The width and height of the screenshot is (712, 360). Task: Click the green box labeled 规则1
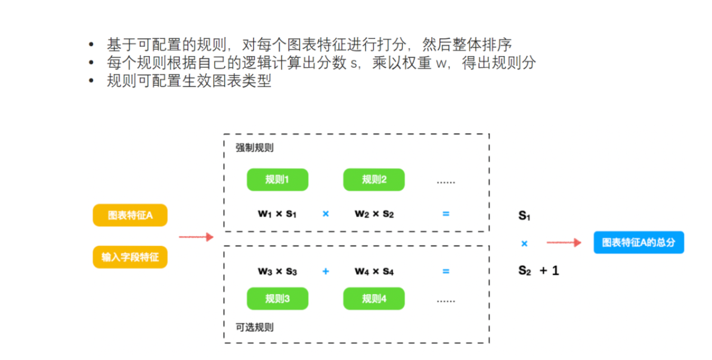pos(278,180)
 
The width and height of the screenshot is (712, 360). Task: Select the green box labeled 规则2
pos(374,180)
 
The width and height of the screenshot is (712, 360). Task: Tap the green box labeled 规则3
pos(278,299)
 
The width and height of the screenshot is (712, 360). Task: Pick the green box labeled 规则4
pos(374,299)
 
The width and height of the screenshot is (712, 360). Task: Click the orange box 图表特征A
pos(130,216)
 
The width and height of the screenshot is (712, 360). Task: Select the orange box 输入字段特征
pos(130,256)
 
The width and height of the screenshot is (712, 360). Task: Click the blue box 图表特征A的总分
pos(638,243)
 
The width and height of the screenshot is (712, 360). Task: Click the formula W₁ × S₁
pos(278,214)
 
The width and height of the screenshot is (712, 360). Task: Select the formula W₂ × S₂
pos(374,214)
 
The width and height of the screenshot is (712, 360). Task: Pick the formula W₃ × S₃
pos(278,272)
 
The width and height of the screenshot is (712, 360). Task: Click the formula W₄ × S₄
pos(374,272)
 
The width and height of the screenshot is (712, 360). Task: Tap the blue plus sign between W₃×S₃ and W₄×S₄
pos(326,271)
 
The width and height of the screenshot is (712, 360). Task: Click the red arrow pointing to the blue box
pos(564,243)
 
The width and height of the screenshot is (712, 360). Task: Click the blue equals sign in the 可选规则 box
pos(446,271)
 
